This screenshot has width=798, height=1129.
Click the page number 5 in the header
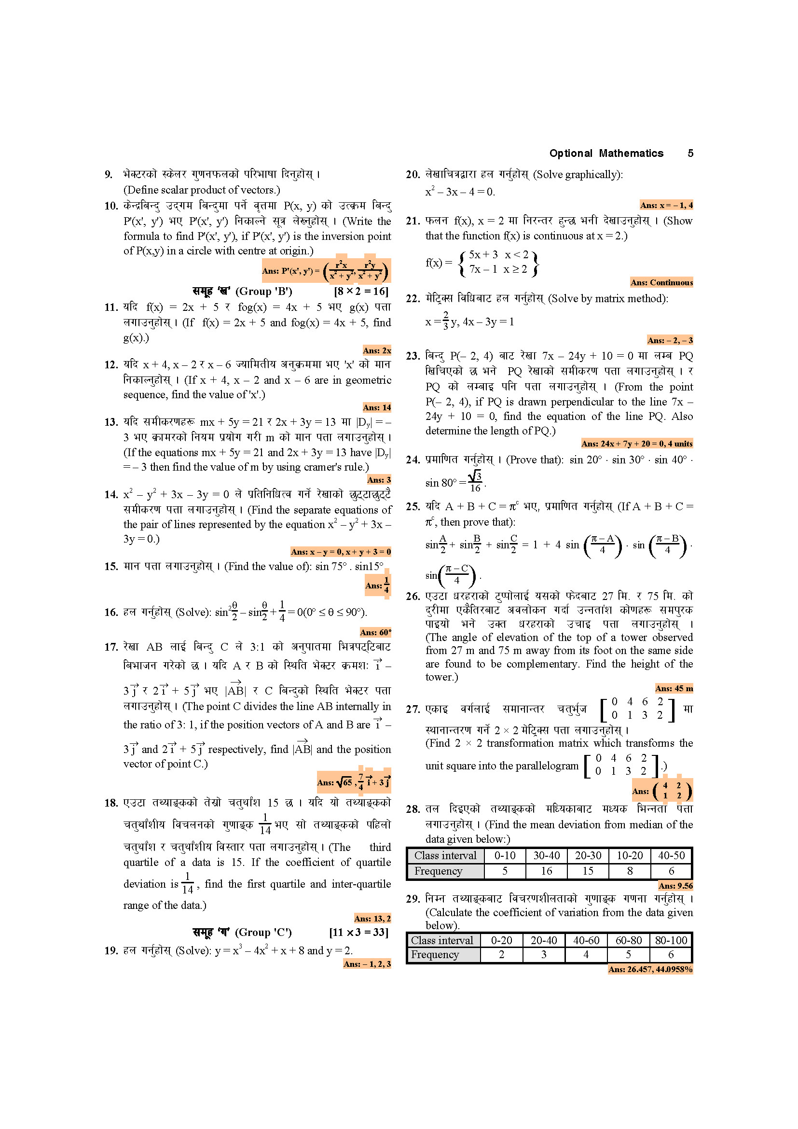[x=690, y=153]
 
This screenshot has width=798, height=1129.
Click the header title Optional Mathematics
[x=606, y=153]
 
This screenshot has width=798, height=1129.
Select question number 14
[x=111, y=495]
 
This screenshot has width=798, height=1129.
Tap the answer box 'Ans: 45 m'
[x=674, y=688]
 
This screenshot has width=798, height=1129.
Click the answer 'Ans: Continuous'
[x=661, y=283]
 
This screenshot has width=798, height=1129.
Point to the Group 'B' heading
[x=242, y=292]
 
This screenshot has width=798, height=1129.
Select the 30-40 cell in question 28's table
[x=547, y=856]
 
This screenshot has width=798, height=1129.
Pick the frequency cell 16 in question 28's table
[x=547, y=871]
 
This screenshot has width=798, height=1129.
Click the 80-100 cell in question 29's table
[x=671, y=940]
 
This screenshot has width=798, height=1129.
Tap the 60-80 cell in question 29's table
[x=629, y=940]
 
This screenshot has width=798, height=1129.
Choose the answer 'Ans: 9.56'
[x=675, y=886]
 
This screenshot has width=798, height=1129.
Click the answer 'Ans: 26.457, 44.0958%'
[x=650, y=969]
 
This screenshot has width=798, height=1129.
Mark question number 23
[x=413, y=356]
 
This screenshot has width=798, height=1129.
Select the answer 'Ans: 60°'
[x=375, y=632]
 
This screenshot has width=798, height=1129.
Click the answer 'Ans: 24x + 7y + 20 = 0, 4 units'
[x=637, y=444]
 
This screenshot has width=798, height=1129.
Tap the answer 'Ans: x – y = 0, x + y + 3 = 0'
[x=341, y=552]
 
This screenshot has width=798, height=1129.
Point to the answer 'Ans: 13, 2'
[x=372, y=919]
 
